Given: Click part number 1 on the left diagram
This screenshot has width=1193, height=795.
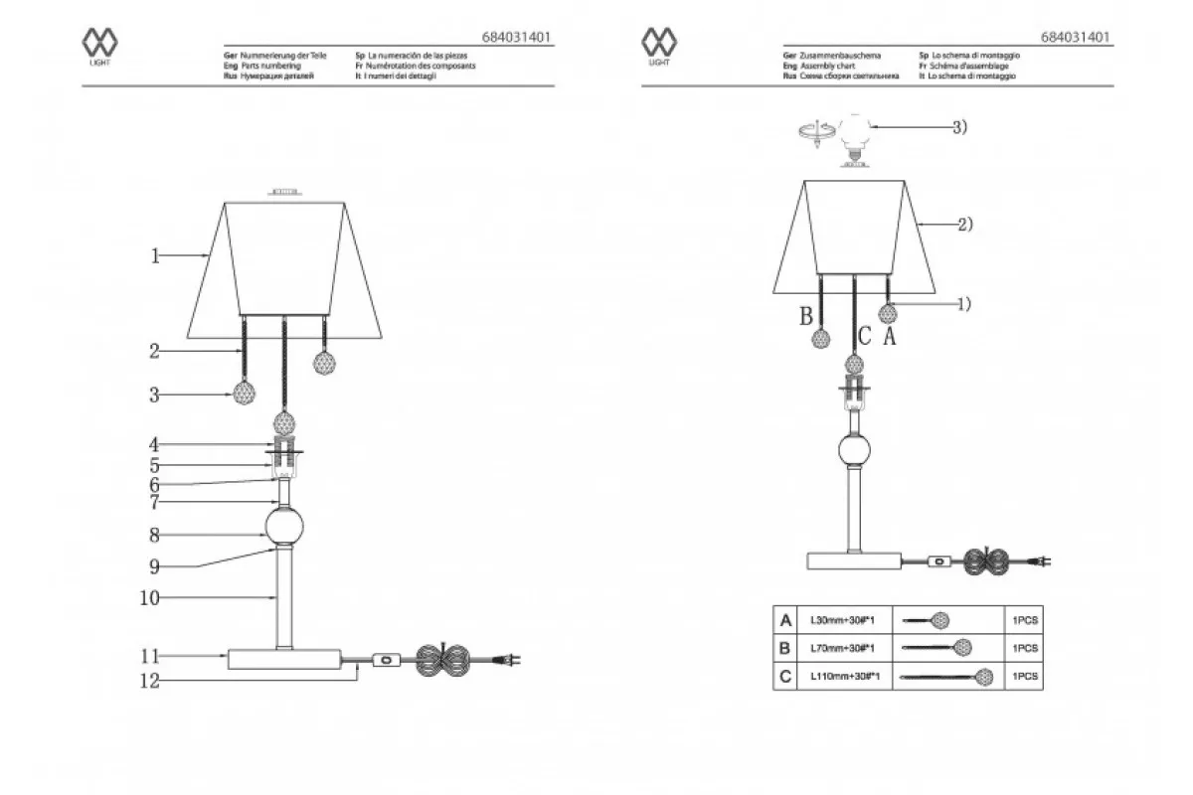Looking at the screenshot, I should pos(155,256).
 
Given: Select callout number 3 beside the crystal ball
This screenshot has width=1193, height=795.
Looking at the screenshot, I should pos(155,395).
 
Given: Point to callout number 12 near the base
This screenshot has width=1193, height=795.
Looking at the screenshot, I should pos(149,682).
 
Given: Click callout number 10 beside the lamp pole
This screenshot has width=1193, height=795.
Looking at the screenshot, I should pos(149,598).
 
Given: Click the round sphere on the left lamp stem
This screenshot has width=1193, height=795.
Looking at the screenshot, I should pos(284,527).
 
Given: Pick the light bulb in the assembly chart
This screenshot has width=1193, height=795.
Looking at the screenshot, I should pos(855,136).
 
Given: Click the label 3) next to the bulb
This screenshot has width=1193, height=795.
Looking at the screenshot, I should pos(959,127).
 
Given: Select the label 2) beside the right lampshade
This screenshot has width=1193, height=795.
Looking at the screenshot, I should pos(963,226).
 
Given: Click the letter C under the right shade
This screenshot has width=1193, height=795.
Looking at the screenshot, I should pos(865,338).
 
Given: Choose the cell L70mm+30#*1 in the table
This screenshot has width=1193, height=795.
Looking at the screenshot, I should pos(841,648).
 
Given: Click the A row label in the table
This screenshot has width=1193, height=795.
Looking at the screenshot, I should pos(786,621).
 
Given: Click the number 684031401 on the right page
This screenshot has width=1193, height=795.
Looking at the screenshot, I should pos(1077,37).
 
